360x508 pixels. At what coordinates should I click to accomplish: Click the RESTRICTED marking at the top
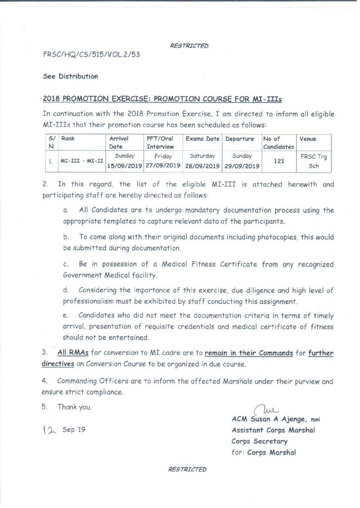189,46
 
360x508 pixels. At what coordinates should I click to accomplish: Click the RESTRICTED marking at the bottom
188,469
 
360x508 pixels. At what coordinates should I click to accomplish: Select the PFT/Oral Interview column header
159,143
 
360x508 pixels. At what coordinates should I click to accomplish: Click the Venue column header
308,139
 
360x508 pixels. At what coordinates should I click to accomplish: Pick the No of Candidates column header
278,143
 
